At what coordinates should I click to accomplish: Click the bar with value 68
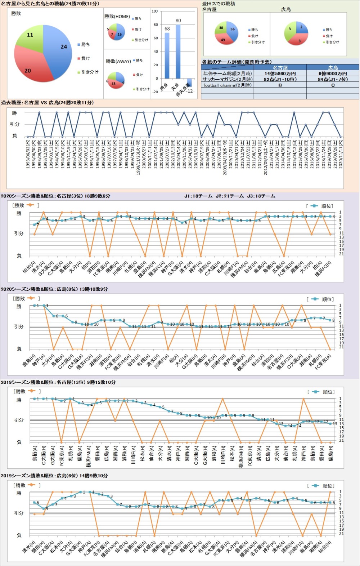[167, 55]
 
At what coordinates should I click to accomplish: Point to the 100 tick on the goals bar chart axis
[155, 11]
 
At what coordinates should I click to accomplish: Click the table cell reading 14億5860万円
[280, 73]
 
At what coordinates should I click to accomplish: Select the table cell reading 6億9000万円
[333, 73]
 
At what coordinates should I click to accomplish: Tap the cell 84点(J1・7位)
[333, 79]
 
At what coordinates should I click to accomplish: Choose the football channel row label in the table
[228, 85]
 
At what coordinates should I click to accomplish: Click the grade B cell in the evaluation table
[280, 85]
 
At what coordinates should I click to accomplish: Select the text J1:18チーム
[198, 196]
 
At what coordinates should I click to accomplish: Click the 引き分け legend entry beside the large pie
[88, 72]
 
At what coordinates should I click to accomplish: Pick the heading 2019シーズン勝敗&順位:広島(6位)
[54, 476]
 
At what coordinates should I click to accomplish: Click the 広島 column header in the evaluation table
[333, 67]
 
